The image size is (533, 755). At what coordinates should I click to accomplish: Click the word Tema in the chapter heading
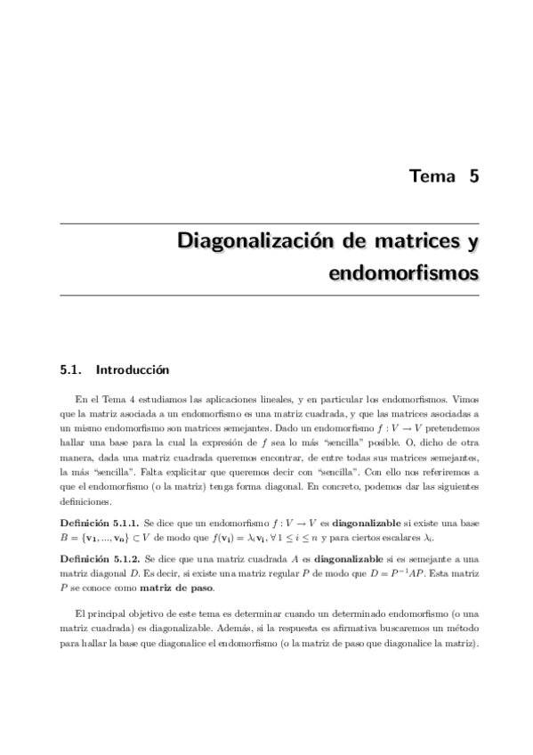430,175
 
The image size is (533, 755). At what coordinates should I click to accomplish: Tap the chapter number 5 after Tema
473,175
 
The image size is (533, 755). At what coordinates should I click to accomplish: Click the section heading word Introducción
132,369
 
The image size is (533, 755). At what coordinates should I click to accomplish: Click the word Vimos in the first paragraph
462,400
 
